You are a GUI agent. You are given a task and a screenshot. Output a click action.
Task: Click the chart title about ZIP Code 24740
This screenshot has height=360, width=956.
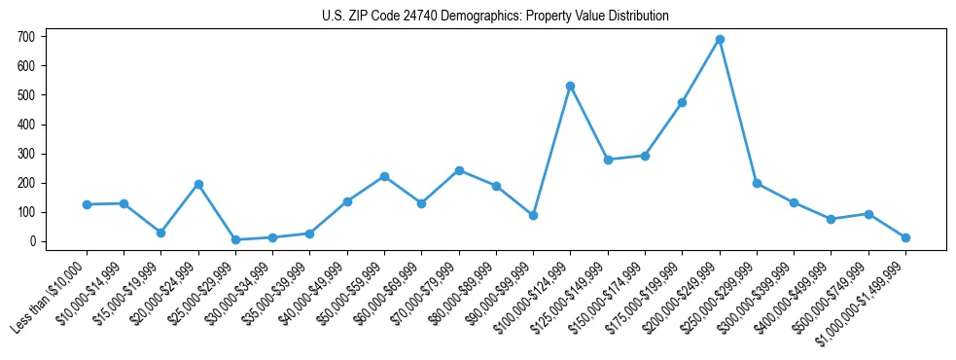[495, 16]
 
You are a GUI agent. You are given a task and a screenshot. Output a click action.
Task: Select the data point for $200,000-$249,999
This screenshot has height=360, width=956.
[720, 40]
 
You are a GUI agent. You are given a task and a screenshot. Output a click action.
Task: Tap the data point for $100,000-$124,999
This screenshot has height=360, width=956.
[571, 87]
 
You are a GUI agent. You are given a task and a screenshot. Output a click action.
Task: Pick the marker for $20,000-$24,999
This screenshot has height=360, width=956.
[198, 184]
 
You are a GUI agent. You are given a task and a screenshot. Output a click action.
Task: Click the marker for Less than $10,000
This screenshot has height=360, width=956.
[87, 204]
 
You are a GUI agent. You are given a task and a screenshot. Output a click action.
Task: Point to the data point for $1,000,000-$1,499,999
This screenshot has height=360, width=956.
[905, 237]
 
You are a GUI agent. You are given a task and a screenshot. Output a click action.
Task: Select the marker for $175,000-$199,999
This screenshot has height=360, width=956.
[683, 102]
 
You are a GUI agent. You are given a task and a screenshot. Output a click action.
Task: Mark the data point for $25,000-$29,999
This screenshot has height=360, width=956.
[235, 239]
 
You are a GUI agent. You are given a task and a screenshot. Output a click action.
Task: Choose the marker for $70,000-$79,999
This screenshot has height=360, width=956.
[459, 170]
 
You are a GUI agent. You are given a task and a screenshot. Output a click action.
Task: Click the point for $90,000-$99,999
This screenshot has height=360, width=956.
[533, 215]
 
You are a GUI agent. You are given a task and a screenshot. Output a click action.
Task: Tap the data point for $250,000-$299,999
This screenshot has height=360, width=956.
[757, 183]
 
